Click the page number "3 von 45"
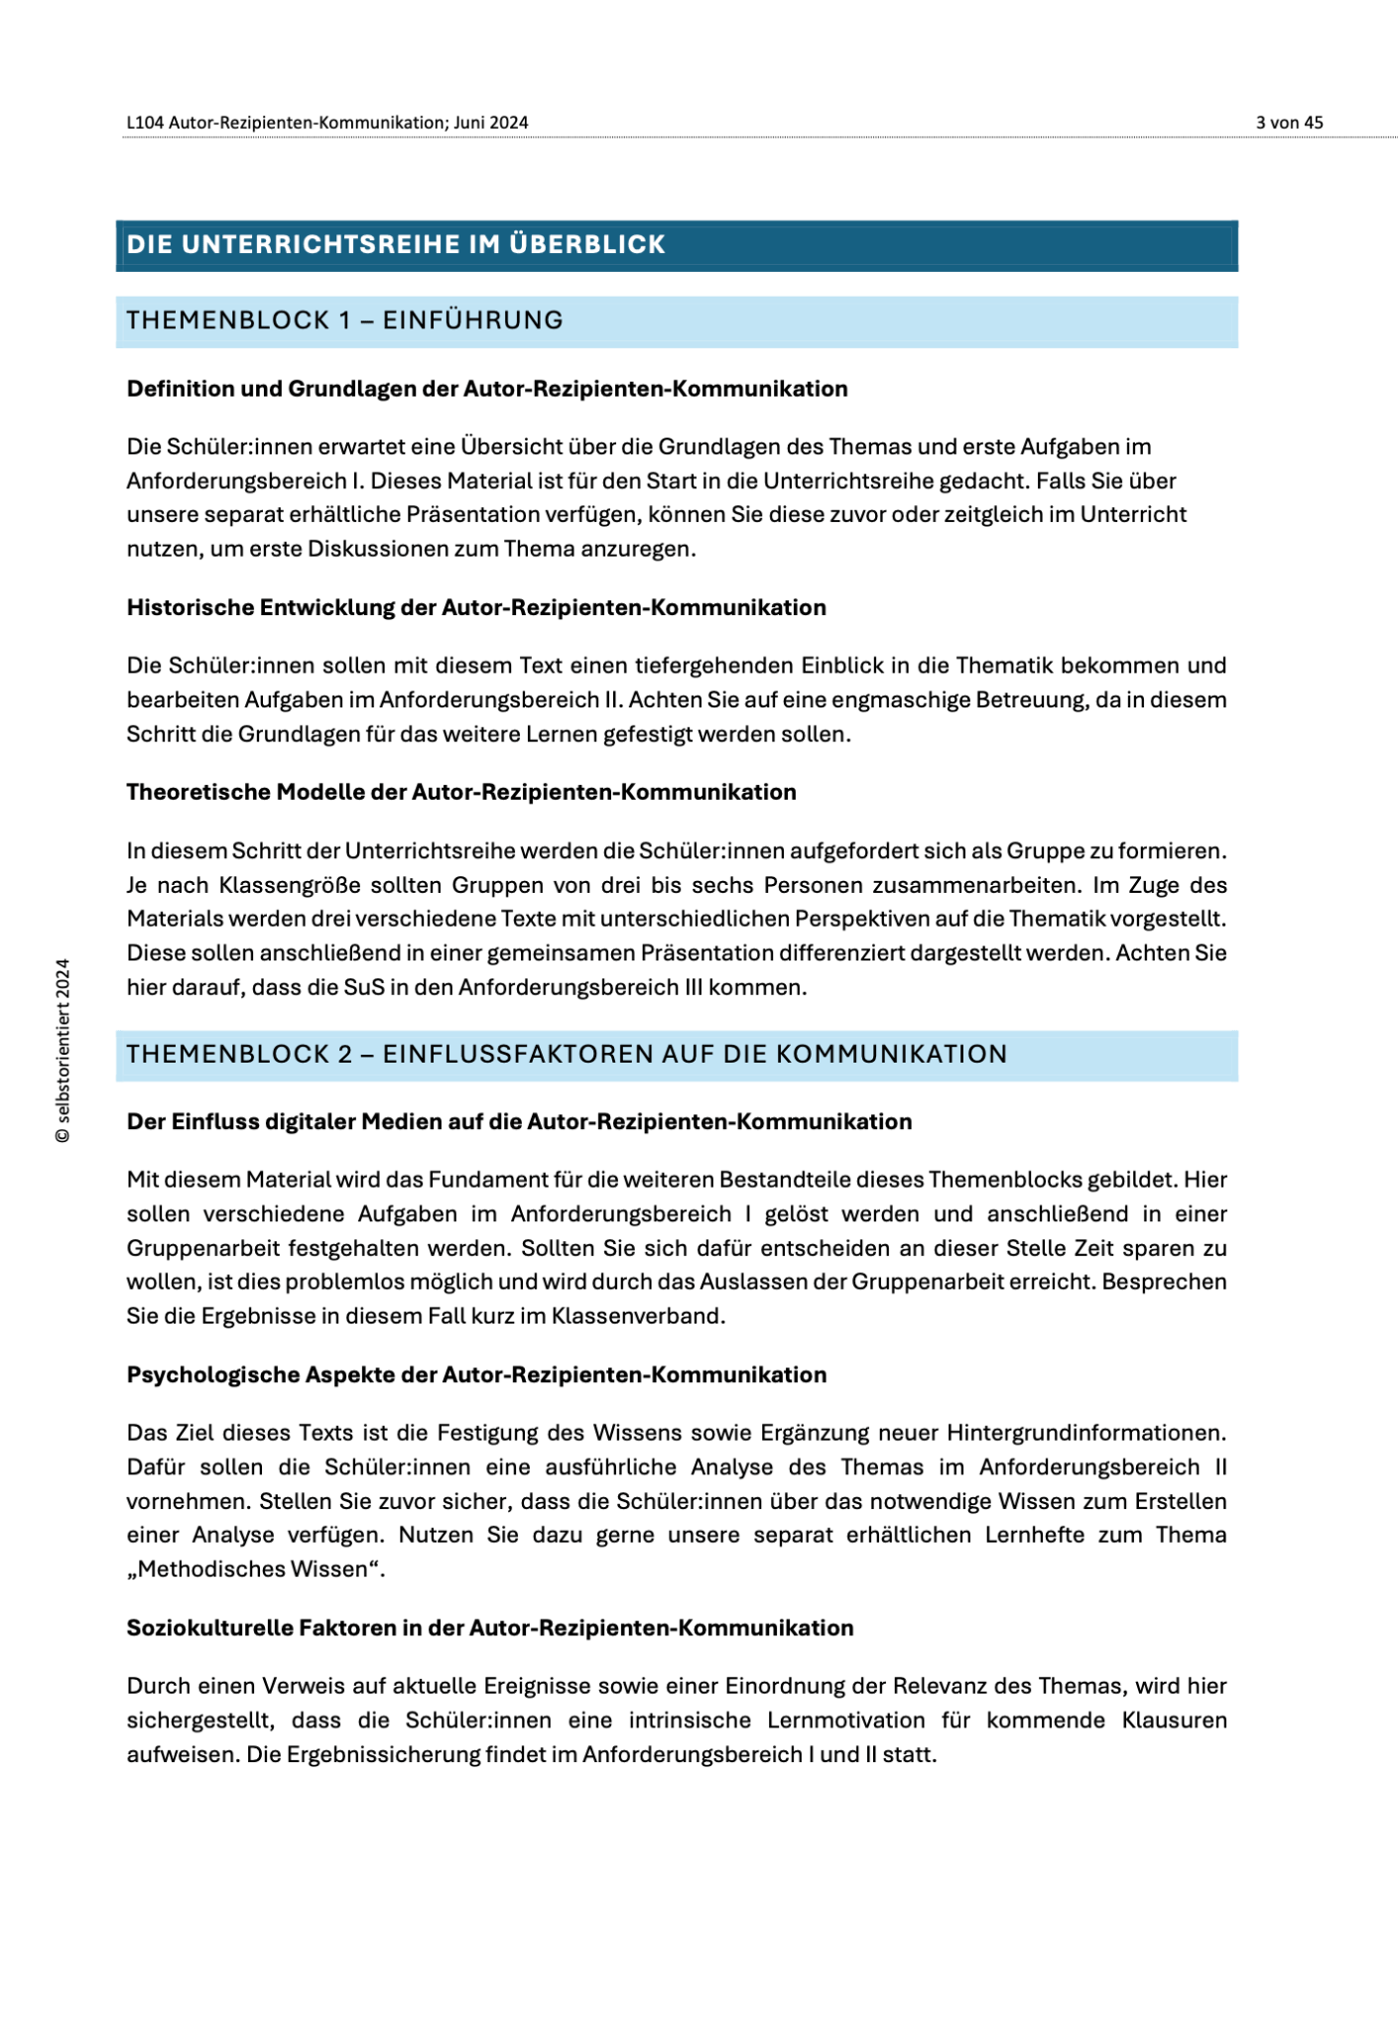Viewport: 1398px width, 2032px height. [1288, 123]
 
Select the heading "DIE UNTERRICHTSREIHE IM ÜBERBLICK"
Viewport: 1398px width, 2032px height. [396, 245]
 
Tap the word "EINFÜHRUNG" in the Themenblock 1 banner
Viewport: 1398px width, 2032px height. [472, 320]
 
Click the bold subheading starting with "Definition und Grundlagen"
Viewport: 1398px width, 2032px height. [486, 389]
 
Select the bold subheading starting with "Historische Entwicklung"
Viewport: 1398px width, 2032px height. [475, 607]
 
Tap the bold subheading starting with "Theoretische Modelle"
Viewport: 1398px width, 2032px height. [460, 792]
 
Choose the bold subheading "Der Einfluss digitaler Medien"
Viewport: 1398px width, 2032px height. [519, 1122]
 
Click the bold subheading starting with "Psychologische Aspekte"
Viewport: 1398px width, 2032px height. [475, 1375]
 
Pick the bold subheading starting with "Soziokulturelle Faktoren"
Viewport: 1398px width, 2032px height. [489, 1628]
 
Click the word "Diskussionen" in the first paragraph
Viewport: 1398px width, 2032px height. [402, 550]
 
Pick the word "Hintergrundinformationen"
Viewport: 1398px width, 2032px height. [1085, 1434]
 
